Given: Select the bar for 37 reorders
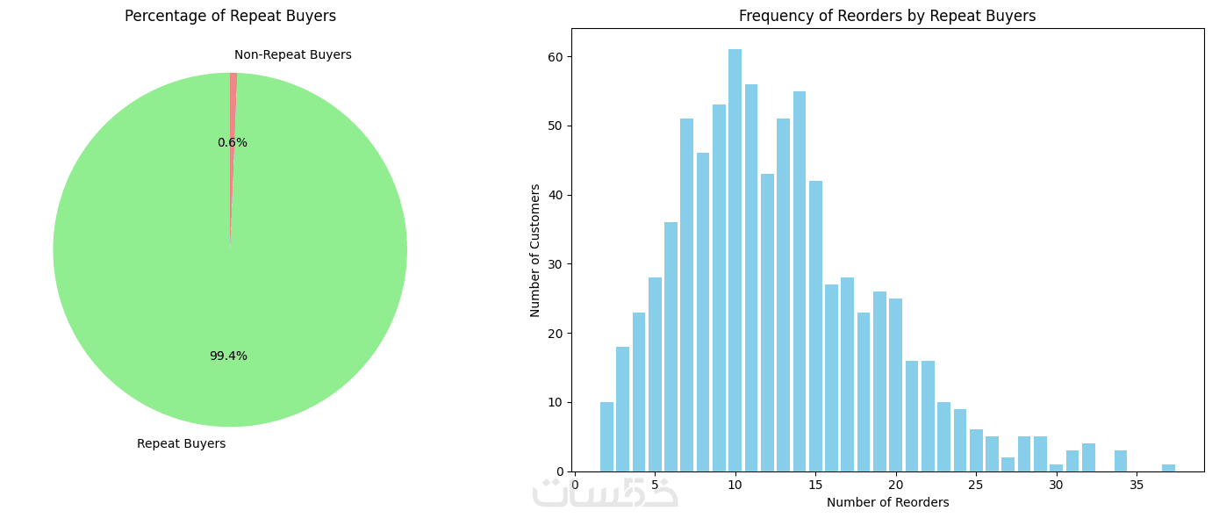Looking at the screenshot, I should (x=1168, y=467).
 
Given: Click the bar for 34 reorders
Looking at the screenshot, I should (x=1120, y=461).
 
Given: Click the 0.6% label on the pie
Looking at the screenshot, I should (x=233, y=142).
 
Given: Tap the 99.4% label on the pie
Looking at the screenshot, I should (x=228, y=356).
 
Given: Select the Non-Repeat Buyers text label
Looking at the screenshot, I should (x=292, y=54).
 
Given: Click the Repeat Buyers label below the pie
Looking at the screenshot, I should (x=181, y=443).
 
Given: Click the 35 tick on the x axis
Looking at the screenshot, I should (x=1136, y=484).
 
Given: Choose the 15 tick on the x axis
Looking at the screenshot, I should (x=815, y=484).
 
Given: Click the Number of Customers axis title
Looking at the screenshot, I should (x=535, y=250).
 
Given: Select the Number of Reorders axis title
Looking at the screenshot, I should (x=887, y=502).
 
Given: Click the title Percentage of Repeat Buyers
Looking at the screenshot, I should (x=230, y=16).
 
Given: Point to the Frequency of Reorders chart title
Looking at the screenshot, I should (x=887, y=16).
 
